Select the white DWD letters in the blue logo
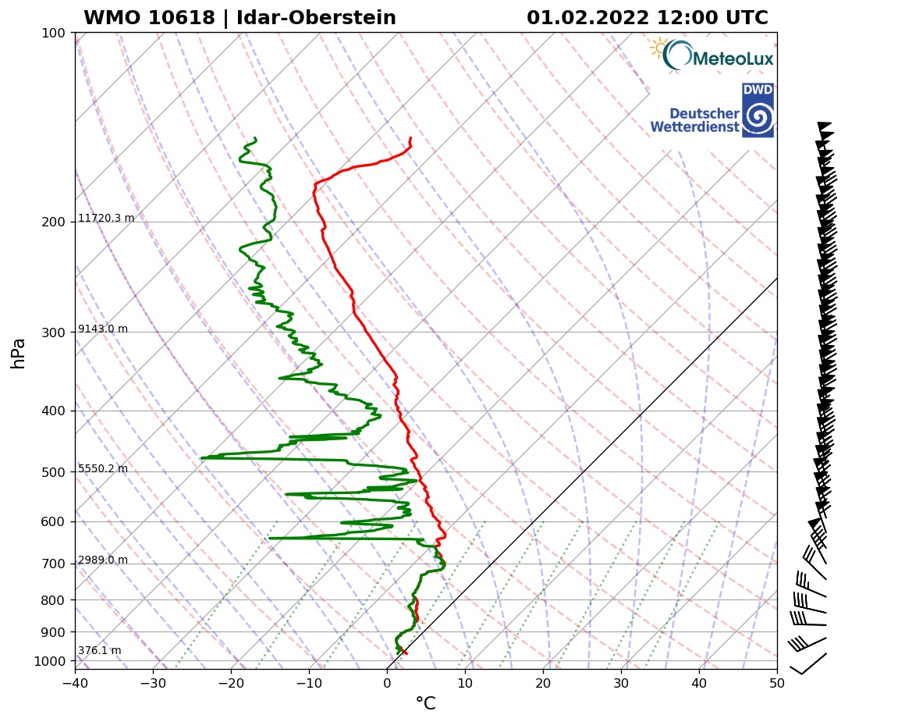pos(758,91)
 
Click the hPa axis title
pos(19,353)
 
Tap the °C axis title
pos(425,704)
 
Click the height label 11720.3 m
pos(106,219)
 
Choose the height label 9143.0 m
pos(103,329)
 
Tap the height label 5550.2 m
pos(103,469)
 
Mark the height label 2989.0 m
pos(103,560)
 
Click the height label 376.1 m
pos(99,651)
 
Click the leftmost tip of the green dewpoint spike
pos(201,458)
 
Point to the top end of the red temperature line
pos(410,138)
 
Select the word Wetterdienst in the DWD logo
pos(694,126)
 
